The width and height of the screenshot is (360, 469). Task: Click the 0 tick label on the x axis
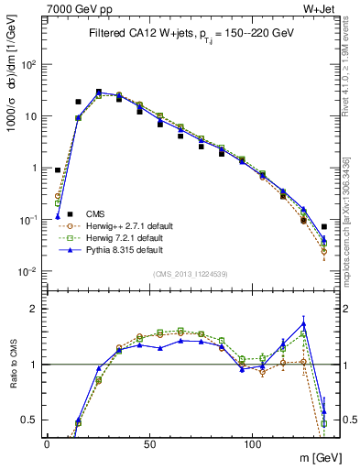pos(47,442)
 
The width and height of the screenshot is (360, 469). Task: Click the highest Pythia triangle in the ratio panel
pos(303,324)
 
